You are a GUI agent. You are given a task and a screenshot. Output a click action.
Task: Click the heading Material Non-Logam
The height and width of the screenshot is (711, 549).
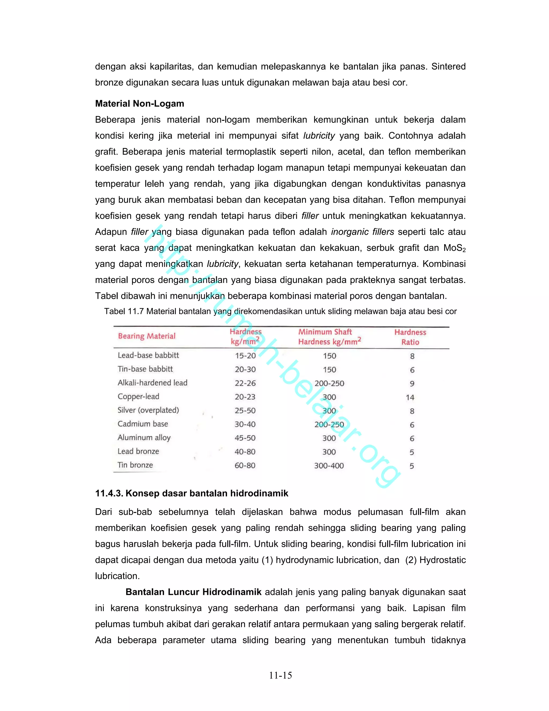point(139,104)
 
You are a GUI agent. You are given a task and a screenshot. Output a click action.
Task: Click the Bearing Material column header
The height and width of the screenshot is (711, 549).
point(147,336)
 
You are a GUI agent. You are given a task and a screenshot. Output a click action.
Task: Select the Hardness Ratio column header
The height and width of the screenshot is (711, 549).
point(410,337)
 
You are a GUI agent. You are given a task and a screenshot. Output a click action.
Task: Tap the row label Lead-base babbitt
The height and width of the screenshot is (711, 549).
point(148,355)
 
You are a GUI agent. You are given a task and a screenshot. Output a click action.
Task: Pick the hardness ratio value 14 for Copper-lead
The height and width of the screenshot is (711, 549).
point(410,397)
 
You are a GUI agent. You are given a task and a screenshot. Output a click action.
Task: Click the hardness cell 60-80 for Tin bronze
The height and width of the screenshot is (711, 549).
point(245,466)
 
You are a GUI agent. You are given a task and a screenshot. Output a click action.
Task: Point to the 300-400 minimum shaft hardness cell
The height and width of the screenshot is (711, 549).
point(329,466)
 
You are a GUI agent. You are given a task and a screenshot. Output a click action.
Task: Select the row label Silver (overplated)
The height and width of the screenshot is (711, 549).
point(148,410)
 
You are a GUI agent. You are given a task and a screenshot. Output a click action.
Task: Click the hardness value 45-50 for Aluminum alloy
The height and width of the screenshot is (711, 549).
point(245,438)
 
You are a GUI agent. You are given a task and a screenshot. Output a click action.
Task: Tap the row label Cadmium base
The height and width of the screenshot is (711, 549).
point(143,424)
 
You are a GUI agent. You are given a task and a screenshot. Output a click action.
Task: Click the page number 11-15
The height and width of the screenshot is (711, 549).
point(280,676)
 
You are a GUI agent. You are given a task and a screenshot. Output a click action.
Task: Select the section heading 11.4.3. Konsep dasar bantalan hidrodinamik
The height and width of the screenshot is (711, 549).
point(192,493)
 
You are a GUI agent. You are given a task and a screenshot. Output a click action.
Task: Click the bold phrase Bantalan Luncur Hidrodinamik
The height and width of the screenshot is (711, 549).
point(194,592)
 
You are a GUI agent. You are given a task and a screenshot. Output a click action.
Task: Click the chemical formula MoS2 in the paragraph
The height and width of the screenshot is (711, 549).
point(454,248)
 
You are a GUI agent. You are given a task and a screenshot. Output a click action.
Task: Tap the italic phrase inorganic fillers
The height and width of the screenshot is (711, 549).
point(362,232)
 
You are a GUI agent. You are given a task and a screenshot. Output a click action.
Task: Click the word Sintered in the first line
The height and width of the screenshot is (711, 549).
point(448,67)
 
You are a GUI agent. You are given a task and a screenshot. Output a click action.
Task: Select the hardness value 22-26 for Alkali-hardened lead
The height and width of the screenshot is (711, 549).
point(245,383)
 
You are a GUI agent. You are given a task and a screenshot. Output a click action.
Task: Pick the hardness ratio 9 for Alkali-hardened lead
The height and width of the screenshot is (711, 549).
point(412,383)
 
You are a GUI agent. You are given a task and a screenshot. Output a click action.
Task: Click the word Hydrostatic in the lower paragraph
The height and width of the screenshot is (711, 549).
point(443,560)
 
